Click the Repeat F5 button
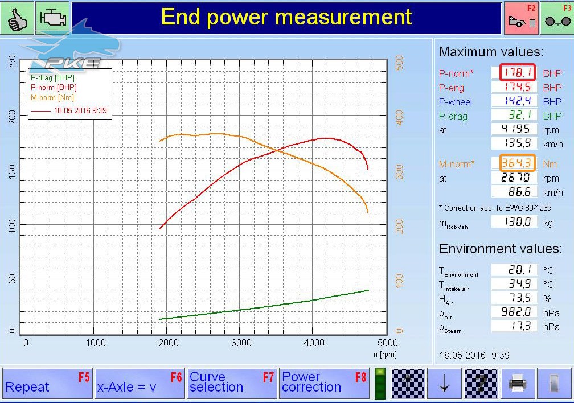point(48,383)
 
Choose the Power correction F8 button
point(325,383)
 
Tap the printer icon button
point(518,383)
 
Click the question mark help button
point(481,383)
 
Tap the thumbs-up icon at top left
point(17,18)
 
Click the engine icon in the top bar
point(53,18)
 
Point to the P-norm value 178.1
point(517,72)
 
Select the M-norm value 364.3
point(517,163)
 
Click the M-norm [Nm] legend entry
point(52,98)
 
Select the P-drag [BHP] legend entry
point(52,77)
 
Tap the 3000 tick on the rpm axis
point(241,343)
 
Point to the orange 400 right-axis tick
point(399,117)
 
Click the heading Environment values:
point(501,249)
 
